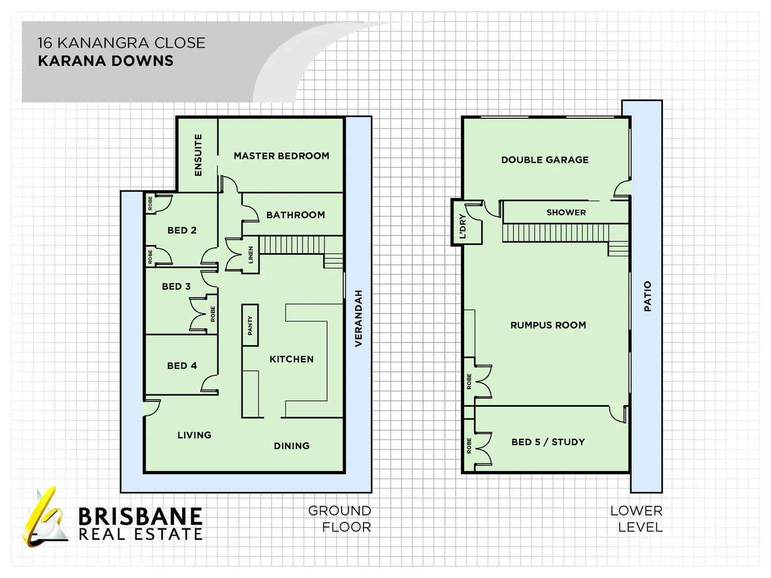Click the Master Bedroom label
[x=281, y=156]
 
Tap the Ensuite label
[x=198, y=155]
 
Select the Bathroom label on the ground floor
[x=296, y=215]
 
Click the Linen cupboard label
[x=251, y=255]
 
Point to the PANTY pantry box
[x=250, y=325]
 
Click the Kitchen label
[x=292, y=359]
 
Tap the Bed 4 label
[x=182, y=366]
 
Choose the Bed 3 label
[x=176, y=286]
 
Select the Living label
[x=194, y=435]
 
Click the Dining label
[x=292, y=446]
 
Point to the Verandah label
[x=358, y=318]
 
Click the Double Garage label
[x=545, y=160]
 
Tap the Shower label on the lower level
[x=566, y=212]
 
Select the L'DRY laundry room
[x=467, y=222]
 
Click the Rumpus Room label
[x=548, y=325]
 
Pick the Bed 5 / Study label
[x=548, y=442]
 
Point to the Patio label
[x=648, y=296]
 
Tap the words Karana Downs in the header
[x=105, y=60]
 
